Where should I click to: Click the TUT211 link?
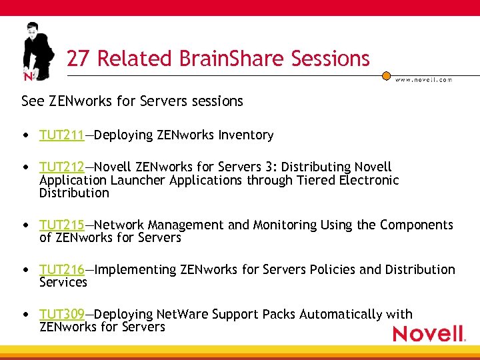point(61,135)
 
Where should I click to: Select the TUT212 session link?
point(61,167)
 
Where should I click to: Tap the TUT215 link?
point(61,225)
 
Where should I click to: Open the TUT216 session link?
point(61,270)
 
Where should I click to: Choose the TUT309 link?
point(61,314)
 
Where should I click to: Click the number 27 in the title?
point(77,59)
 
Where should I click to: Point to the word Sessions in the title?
point(330,59)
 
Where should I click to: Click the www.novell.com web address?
point(423,79)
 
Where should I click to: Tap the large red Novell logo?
point(428,333)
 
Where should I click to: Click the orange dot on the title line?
point(386,76)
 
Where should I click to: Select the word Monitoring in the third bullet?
point(285,225)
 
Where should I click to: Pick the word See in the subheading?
point(32,101)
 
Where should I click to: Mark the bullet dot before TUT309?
point(25,315)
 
